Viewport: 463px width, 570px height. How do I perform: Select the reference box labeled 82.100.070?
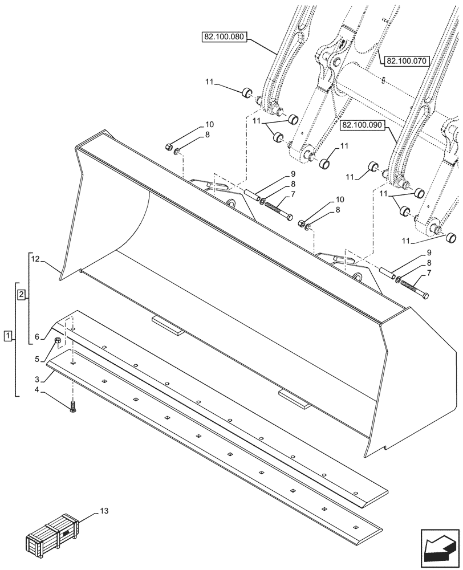point(407,60)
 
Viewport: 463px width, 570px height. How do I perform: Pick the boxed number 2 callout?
point(21,295)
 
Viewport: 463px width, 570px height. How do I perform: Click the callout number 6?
point(37,337)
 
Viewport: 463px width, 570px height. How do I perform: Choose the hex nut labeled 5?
point(58,341)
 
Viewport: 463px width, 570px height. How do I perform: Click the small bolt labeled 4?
point(72,408)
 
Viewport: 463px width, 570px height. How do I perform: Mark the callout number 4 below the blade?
point(37,390)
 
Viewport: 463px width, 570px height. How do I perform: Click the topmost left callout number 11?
point(210,83)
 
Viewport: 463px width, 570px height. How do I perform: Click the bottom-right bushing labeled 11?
point(452,237)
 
